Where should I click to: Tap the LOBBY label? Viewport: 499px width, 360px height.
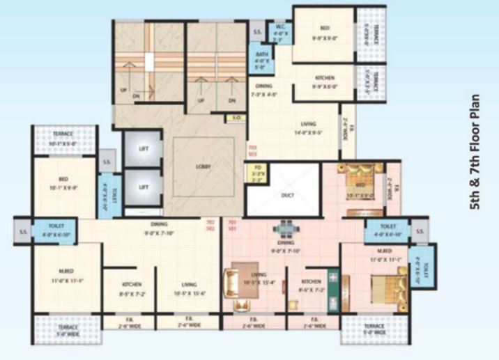204,166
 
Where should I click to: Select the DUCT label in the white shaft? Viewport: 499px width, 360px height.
287,195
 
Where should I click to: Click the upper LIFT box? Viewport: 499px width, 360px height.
144,148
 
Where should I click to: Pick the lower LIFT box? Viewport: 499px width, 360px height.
144,187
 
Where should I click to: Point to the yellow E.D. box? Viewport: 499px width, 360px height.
237,118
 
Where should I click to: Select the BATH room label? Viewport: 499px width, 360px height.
262,60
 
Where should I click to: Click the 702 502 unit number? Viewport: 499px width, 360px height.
210,226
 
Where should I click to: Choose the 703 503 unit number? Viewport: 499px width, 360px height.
252,151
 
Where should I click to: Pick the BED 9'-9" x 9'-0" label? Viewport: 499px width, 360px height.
324,32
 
